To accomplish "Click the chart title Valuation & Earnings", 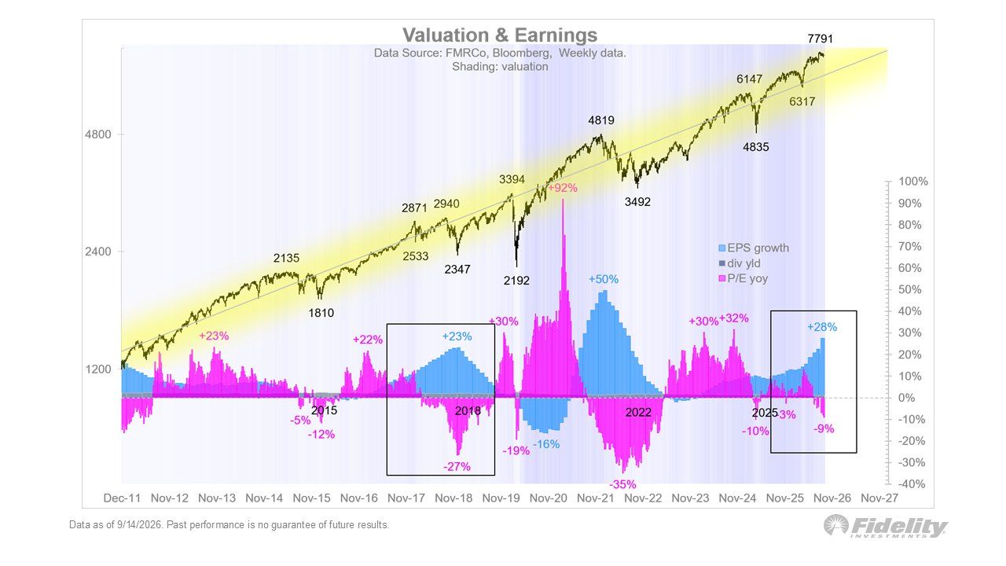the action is (x=500, y=35).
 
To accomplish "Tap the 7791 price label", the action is (x=820, y=39).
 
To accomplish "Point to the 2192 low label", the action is (x=516, y=281).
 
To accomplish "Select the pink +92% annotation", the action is (x=563, y=188).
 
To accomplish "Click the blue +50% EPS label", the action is (x=604, y=279).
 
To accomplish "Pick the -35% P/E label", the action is (x=623, y=485).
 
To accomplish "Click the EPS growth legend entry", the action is (x=754, y=248).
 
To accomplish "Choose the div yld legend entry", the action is (x=740, y=263).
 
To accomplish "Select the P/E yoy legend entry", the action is (x=743, y=278).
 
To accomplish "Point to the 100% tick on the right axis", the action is (x=913, y=182).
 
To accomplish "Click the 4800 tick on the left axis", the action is (x=98, y=134).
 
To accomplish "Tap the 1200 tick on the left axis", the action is (x=98, y=369).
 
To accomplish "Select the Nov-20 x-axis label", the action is (x=549, y=498).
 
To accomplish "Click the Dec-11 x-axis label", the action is (x=122, y=498).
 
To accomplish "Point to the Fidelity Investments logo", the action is (x=886, y=527).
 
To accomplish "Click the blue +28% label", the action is (x=822, y=328).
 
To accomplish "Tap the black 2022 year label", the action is (x=638, y=413).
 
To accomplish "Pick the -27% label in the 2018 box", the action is (x=457, y=467).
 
